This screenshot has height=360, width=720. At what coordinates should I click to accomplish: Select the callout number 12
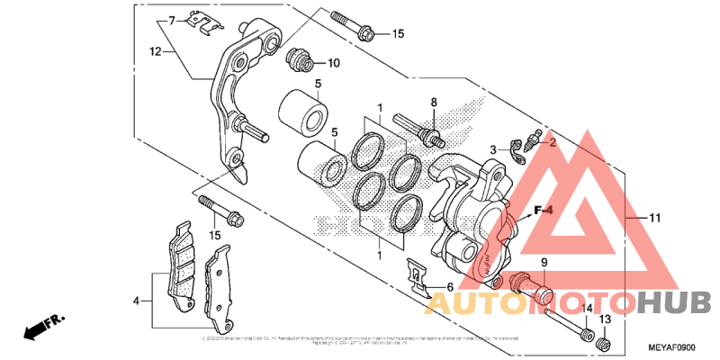click(x=155, y=52)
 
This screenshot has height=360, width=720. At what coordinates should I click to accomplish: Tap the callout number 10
click(x=333, y=63)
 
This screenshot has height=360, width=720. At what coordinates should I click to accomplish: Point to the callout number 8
click(x=433, y=102)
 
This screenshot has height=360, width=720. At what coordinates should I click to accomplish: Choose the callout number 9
click(x=544, y=263)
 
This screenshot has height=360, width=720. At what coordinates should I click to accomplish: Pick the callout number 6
click(x=438, y=287)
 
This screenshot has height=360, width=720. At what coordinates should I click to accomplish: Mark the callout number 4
click(x=137, y=301)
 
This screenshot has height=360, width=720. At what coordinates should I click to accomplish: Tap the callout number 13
click(x=606, y=319)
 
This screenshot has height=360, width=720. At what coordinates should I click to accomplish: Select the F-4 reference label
click(x=540, y=211)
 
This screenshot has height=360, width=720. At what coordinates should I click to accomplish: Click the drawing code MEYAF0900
click(x=671, y=346)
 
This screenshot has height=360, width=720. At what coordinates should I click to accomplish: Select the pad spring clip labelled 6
click(x=415, y=276)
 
